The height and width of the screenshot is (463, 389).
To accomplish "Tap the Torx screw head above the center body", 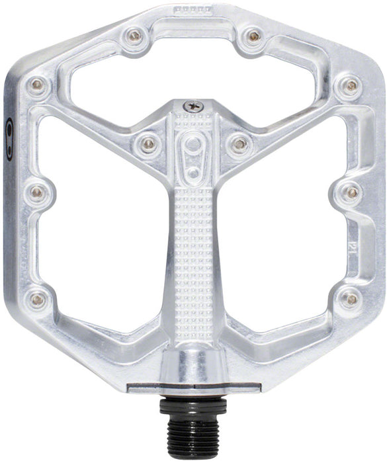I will pos(194,105).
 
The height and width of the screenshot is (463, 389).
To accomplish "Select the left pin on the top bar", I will pos(135,36).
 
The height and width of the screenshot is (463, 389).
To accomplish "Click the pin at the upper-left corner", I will pos(37,85).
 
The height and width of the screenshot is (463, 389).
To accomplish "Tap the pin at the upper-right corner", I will pos(351,85).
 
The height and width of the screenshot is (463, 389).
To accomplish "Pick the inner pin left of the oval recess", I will pos(148,142).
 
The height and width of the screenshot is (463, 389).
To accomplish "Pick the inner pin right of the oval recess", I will pos(239,142).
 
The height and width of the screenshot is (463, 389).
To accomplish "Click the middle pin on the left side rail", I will pos(37,192).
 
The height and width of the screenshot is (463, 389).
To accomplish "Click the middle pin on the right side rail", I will pos(351,192).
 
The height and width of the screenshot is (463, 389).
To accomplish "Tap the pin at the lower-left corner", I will pos(38,300).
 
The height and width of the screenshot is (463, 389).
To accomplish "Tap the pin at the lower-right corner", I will pos(350,300).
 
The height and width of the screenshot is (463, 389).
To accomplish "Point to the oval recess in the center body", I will pos(194,155).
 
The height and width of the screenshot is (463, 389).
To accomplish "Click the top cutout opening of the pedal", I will pos(194,73).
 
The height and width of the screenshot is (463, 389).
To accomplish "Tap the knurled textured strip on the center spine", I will pos(194,251).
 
